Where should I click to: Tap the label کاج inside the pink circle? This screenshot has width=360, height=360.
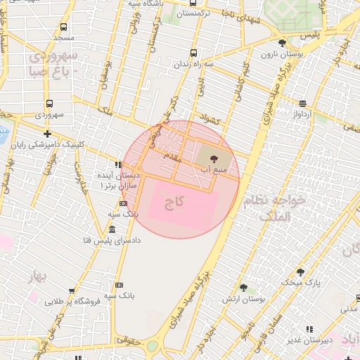[174, 203]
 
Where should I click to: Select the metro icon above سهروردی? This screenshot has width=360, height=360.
[49, 103]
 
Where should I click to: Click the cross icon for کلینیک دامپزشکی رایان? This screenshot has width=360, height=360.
[47, 133]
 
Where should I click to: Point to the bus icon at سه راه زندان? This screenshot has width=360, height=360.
[195, 53]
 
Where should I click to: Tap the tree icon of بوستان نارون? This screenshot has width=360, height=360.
[282, 44]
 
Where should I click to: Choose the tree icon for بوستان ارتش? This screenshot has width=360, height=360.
[243, 287]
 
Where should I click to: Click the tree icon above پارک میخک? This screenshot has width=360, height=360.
[301, 271]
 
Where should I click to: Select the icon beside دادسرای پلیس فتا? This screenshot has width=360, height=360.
[112, 230]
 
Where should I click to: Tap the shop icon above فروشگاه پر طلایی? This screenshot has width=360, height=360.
[71, 291]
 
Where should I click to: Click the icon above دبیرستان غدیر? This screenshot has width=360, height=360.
[309, 329]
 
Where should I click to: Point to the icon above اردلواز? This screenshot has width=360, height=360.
[302, 103]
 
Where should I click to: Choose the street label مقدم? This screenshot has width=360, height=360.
[172, 158]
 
